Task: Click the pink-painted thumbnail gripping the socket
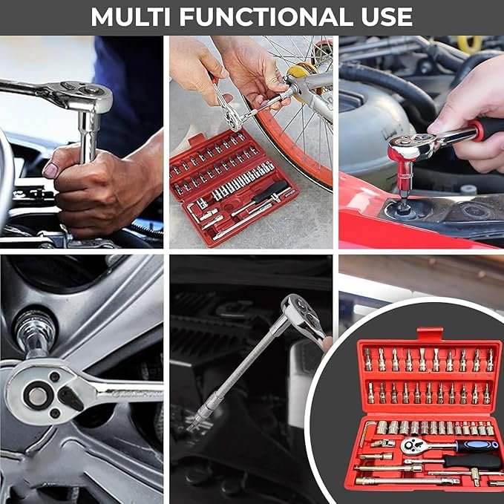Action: (50, 170)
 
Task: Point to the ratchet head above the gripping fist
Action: (82, 96)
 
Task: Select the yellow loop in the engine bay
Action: (468, 43)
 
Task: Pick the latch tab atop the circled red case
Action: (429, 333)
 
